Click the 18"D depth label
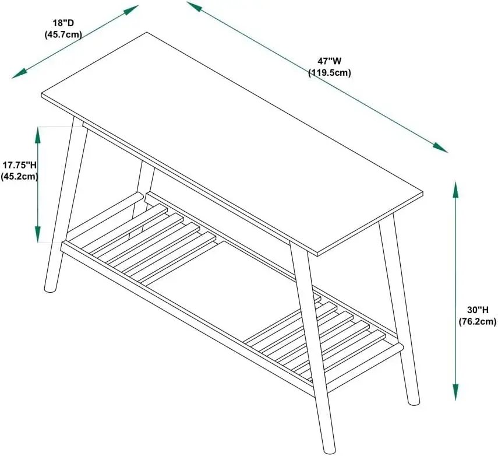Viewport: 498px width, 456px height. click(63, 23)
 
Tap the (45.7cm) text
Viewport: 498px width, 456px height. click(63, 34)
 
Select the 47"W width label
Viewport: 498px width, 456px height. click(329, 61)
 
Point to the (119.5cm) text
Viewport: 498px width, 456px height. click(330, 72)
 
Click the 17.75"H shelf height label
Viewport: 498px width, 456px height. click(20, 164)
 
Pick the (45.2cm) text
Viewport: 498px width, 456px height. click(19, 176)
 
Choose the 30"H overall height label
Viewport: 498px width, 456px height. click(478, 310)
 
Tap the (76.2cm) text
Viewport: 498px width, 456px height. click(478, 321)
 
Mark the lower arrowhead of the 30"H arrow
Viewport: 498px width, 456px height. click(455, 392)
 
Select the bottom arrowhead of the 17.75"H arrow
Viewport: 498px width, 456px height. click(38, 234)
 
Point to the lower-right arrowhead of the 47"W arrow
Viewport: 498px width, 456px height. click(440, 148)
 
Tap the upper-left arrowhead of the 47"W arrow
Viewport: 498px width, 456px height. click(195, 6)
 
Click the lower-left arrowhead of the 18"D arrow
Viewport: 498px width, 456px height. click(20, 74)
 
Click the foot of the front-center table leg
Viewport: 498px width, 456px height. click(329, 449)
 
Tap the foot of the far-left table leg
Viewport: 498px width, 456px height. click(51, 288)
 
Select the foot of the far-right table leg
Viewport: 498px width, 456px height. click(414, 401)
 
